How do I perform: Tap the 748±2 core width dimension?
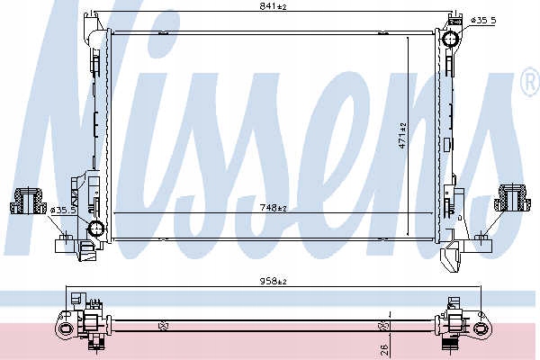pos(273,208)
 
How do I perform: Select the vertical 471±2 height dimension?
pos(402,135)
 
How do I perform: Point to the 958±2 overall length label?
pos(273,282)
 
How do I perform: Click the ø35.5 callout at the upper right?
pos(483,21)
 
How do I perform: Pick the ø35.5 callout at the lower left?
pos(63,210)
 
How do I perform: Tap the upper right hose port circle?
pos(451,39)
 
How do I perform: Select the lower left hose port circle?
pos(96,229)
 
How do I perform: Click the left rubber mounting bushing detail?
pos(28,201)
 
